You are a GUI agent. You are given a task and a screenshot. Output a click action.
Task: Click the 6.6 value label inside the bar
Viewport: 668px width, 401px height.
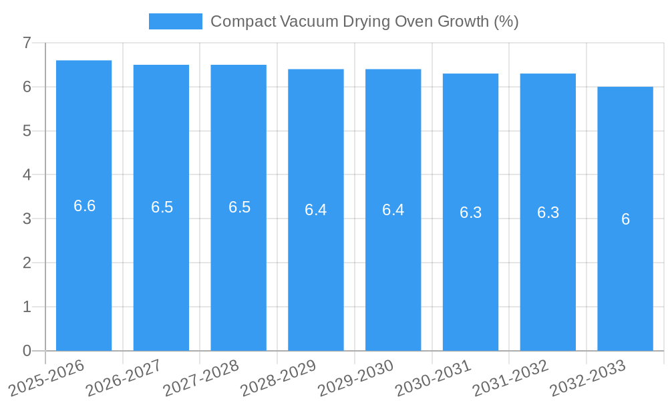(84, 206)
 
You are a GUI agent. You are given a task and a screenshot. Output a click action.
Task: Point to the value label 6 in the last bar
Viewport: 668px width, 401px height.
(625, 219)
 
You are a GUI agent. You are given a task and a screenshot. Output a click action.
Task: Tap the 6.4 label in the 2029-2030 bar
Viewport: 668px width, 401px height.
(393, 210)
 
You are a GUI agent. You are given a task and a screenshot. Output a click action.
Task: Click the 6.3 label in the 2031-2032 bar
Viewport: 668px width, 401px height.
(548, 213)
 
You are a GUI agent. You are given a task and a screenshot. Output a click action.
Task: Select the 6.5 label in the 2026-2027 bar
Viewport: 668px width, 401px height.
(162, 207)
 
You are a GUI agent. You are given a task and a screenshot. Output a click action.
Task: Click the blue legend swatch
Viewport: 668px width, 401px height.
(175, 21)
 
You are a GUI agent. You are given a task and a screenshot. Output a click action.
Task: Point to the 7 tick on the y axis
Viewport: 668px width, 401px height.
(27, 43)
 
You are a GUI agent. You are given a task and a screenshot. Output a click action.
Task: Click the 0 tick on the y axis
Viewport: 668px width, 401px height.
(27, 351)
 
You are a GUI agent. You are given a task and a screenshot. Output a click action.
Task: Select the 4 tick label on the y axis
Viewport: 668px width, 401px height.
(27, 175)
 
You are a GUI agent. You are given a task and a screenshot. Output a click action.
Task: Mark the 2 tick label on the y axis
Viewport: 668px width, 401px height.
(27, 263)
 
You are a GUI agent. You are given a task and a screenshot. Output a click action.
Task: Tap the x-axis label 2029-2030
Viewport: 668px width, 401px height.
(356, 377)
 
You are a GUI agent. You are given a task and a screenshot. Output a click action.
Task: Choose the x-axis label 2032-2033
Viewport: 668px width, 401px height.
(588, 377)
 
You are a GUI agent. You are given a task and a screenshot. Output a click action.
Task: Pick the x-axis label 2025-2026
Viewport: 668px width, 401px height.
(47, 377)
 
